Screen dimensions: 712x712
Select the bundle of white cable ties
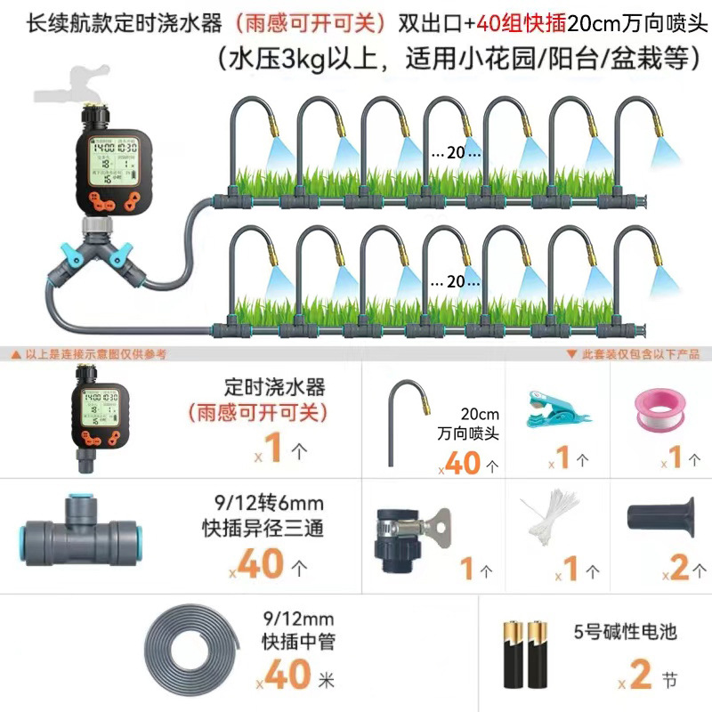coord(543,524)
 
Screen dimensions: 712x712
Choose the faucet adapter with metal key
coord(411,531)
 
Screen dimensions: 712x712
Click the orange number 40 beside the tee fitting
coord(263,564)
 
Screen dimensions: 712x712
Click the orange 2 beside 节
coord(642,676)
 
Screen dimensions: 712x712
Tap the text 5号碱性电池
coord(626,633)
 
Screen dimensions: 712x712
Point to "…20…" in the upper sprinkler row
coord(449,152)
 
